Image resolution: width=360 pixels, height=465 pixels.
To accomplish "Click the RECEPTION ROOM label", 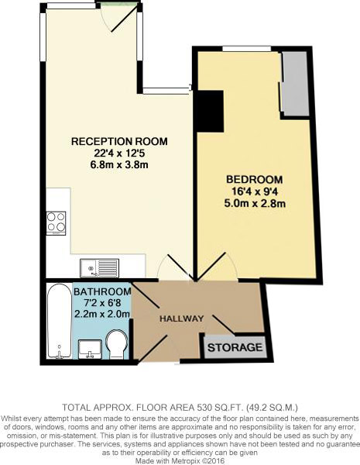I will (119, 142).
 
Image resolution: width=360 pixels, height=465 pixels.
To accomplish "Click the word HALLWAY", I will (181, 319).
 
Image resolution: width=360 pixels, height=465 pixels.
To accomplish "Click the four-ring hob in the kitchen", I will (57, 222).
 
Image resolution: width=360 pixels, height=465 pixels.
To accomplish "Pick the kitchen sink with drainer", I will (98, 268).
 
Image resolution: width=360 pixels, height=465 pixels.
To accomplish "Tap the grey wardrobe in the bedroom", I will (293, 84).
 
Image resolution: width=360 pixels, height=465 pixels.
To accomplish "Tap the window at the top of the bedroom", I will (246, 50).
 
